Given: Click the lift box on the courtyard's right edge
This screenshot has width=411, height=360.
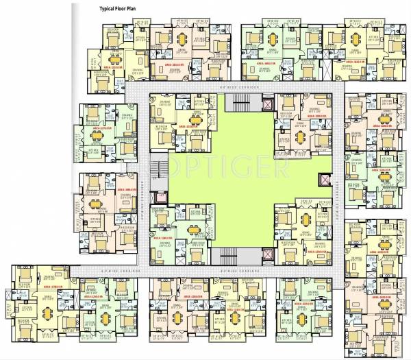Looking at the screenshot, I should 323,180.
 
